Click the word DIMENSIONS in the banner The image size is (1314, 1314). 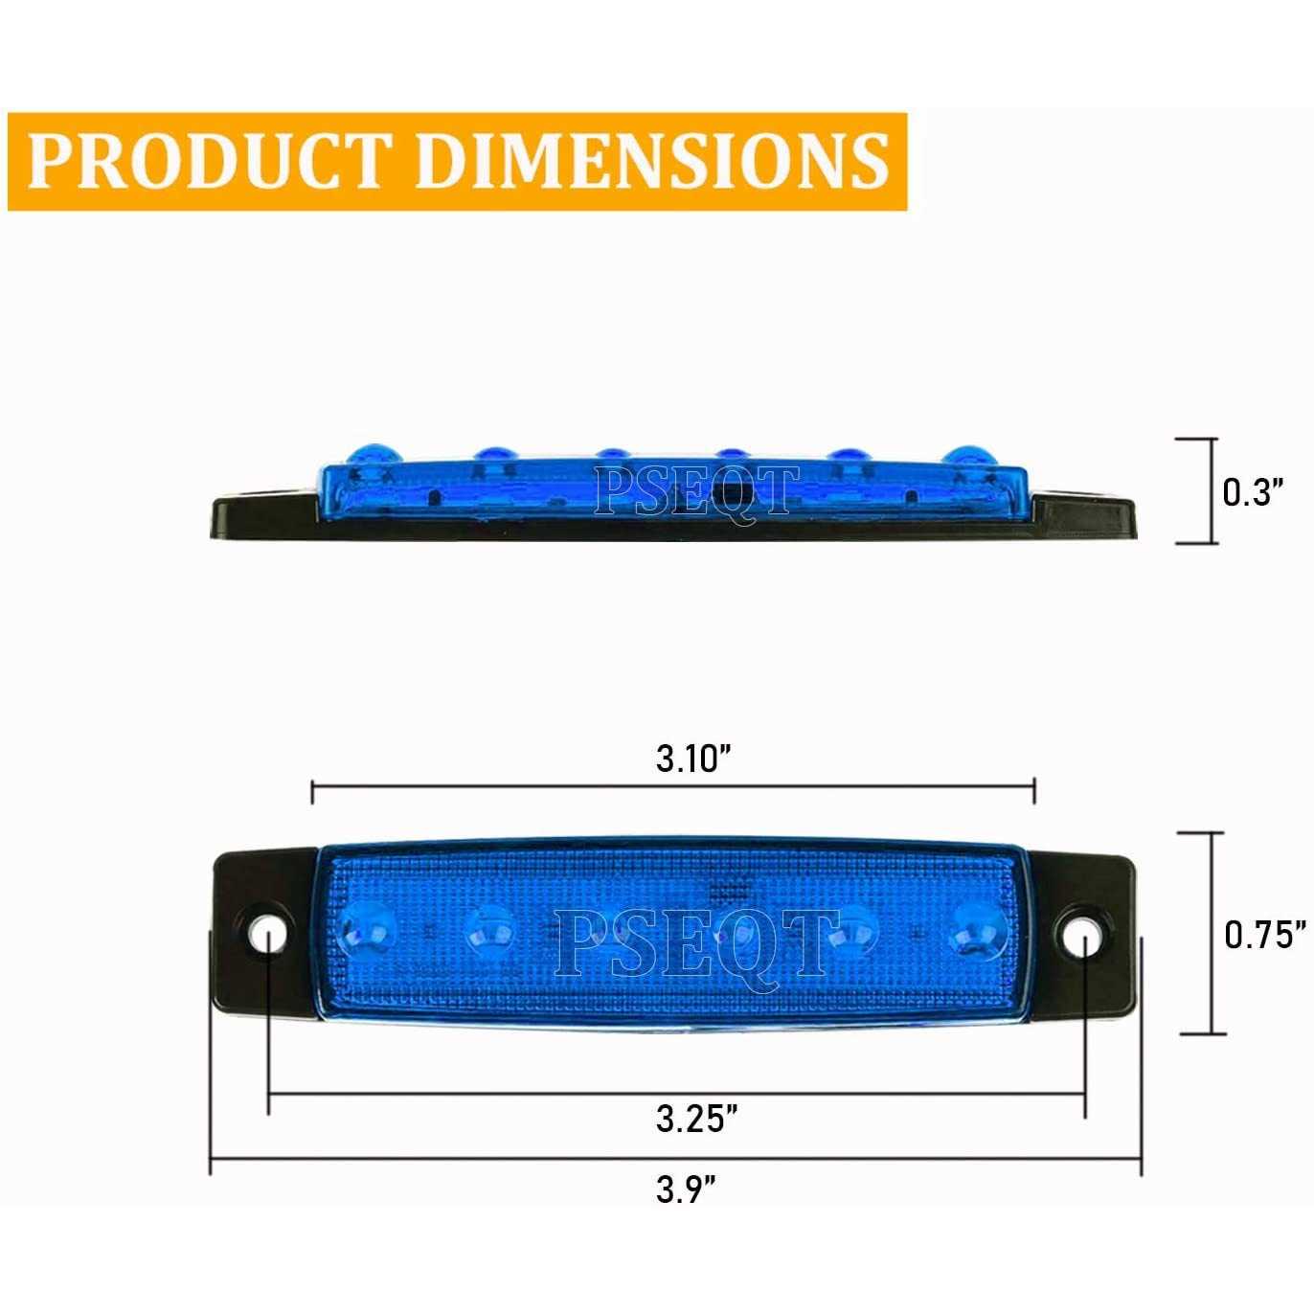pos(651,161)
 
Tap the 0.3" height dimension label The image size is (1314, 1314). pos(1252,491)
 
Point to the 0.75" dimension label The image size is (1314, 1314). pos(1265,934)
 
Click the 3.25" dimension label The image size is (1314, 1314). pos(696,1118)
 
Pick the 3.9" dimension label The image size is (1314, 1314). pos(686,1190)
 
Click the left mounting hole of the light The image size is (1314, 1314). pos(267,930)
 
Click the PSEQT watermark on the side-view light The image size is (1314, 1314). pos(696,490)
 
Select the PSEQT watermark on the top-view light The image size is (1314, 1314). pos(696,941)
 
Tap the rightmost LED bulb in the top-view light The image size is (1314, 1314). pos(979,930)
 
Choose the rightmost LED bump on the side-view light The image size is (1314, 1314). pos(964,455)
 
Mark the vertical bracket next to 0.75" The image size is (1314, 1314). pos(1214,933)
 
